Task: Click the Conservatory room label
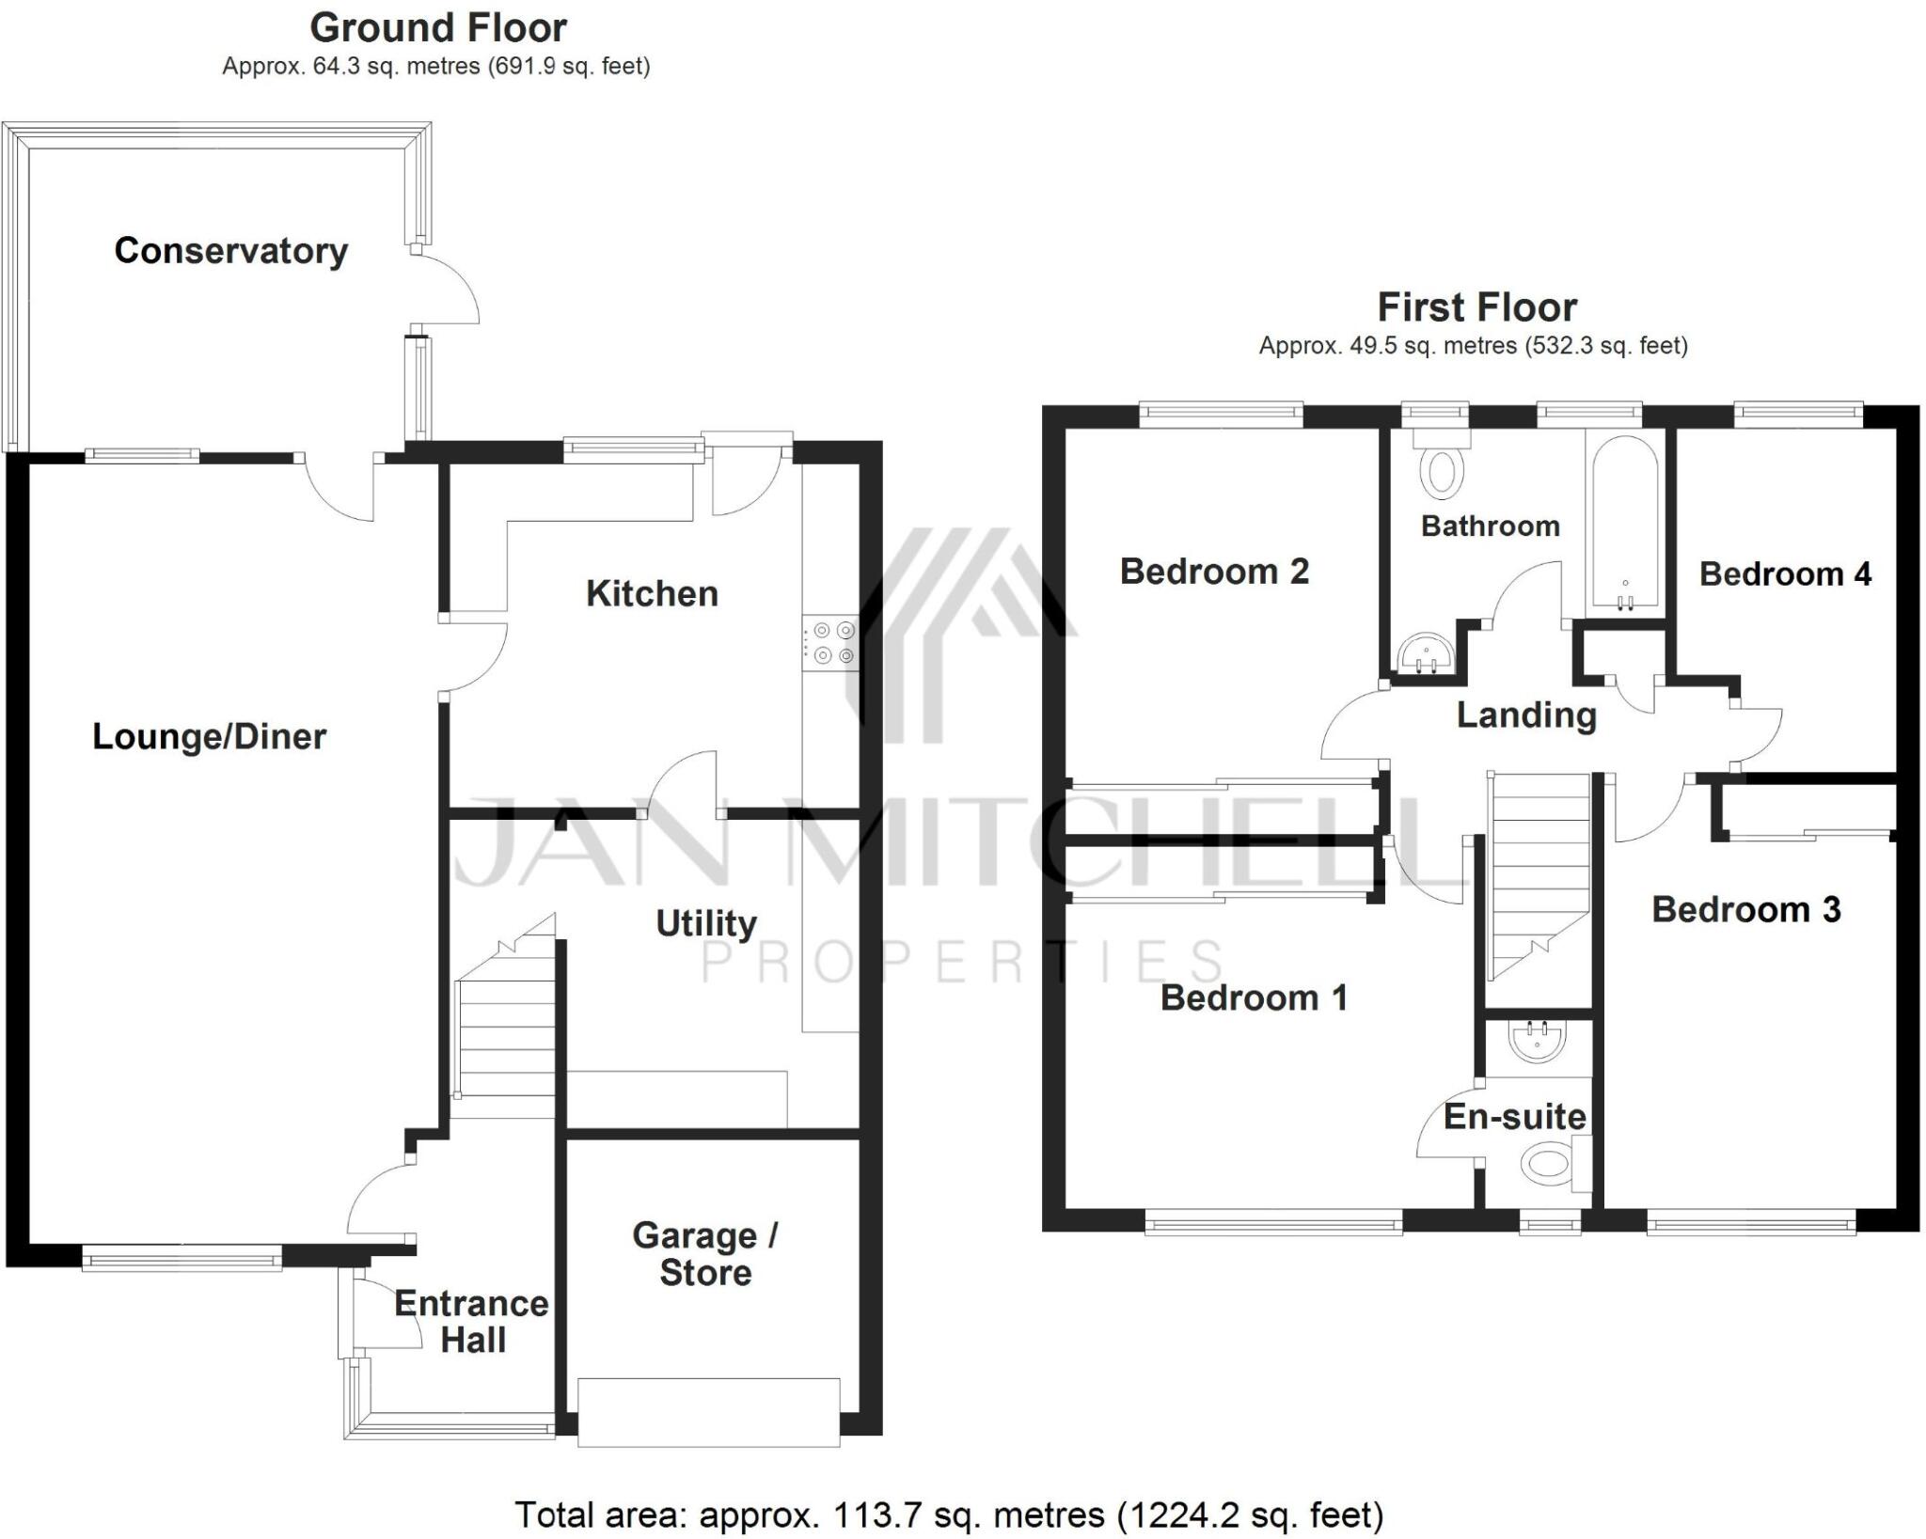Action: tap(230, 251)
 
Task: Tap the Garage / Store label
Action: tap(705, 1253)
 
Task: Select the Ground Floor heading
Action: tap(438, 28)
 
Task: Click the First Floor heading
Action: tap(1476, 307)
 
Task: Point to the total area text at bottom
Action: tap(949, 1515)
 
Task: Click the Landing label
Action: tap(1526, 715)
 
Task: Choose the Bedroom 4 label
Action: tap(1784, 573)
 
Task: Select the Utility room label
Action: tap(705, 923)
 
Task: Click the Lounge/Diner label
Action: tap(209, 736)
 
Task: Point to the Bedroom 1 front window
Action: tap(1273, 1225)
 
